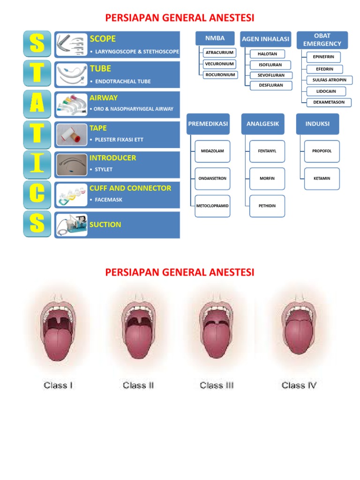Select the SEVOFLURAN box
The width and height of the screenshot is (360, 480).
(x=271, y=75)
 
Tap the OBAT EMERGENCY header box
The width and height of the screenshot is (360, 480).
(x=322, y=40)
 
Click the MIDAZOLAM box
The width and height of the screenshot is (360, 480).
(x=213, y=151)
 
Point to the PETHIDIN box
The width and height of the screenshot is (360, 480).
(x=267, y=206)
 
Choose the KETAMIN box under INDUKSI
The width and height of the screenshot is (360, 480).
(x=322, y=179)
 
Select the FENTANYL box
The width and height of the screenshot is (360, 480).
(x=267, y=151)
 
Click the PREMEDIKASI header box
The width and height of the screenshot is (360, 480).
(x=208, y=124)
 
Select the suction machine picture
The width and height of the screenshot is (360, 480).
(x=72, y=224)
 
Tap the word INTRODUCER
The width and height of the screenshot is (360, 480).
(x=113, y=158)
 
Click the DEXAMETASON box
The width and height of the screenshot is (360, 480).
(x=329, y=102)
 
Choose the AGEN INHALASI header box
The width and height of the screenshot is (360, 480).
(x=265, y=39)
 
